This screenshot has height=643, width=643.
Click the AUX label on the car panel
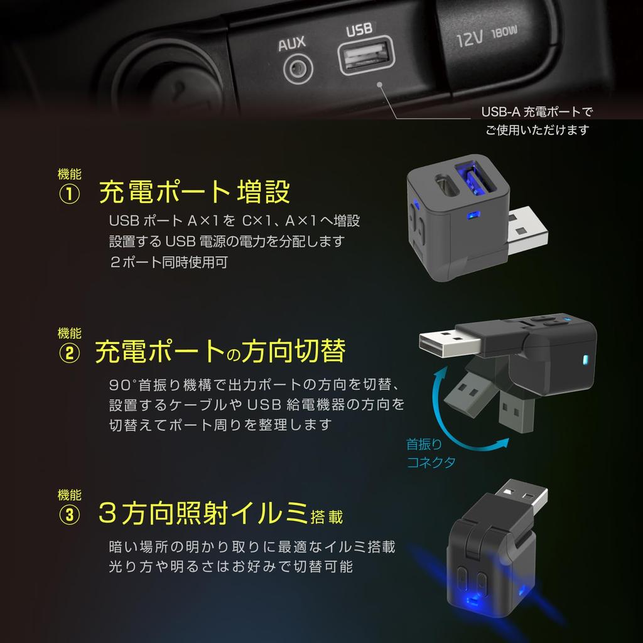click(292, 43)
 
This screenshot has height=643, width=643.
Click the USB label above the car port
click(359, 30)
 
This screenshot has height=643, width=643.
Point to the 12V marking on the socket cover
click(469, 40)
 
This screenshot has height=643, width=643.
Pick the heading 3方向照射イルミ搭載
click(220, 514)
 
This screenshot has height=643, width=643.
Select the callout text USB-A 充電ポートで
click(537, 112)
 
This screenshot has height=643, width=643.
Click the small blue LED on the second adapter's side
click(585, 360)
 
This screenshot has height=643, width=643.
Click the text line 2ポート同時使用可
click(168, 262)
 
